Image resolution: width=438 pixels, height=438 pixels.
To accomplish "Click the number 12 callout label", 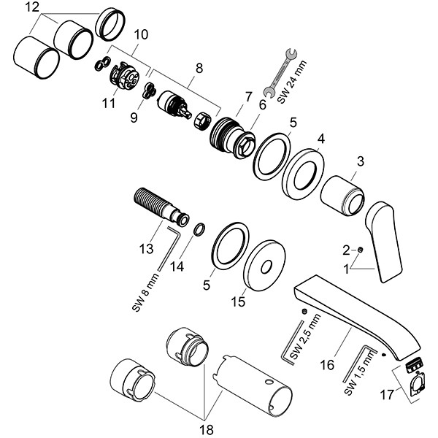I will (31, 7).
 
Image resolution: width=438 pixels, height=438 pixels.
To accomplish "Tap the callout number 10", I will (141, 34).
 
